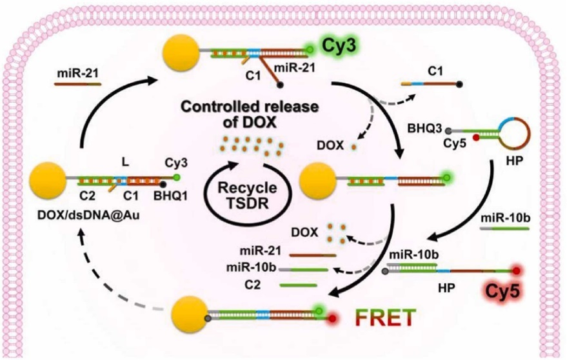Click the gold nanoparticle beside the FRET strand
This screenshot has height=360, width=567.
click(x=190, y=315)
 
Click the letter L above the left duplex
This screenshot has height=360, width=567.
click(x=126, y=155)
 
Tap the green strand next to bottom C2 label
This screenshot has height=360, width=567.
click(x=297, y=285)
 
